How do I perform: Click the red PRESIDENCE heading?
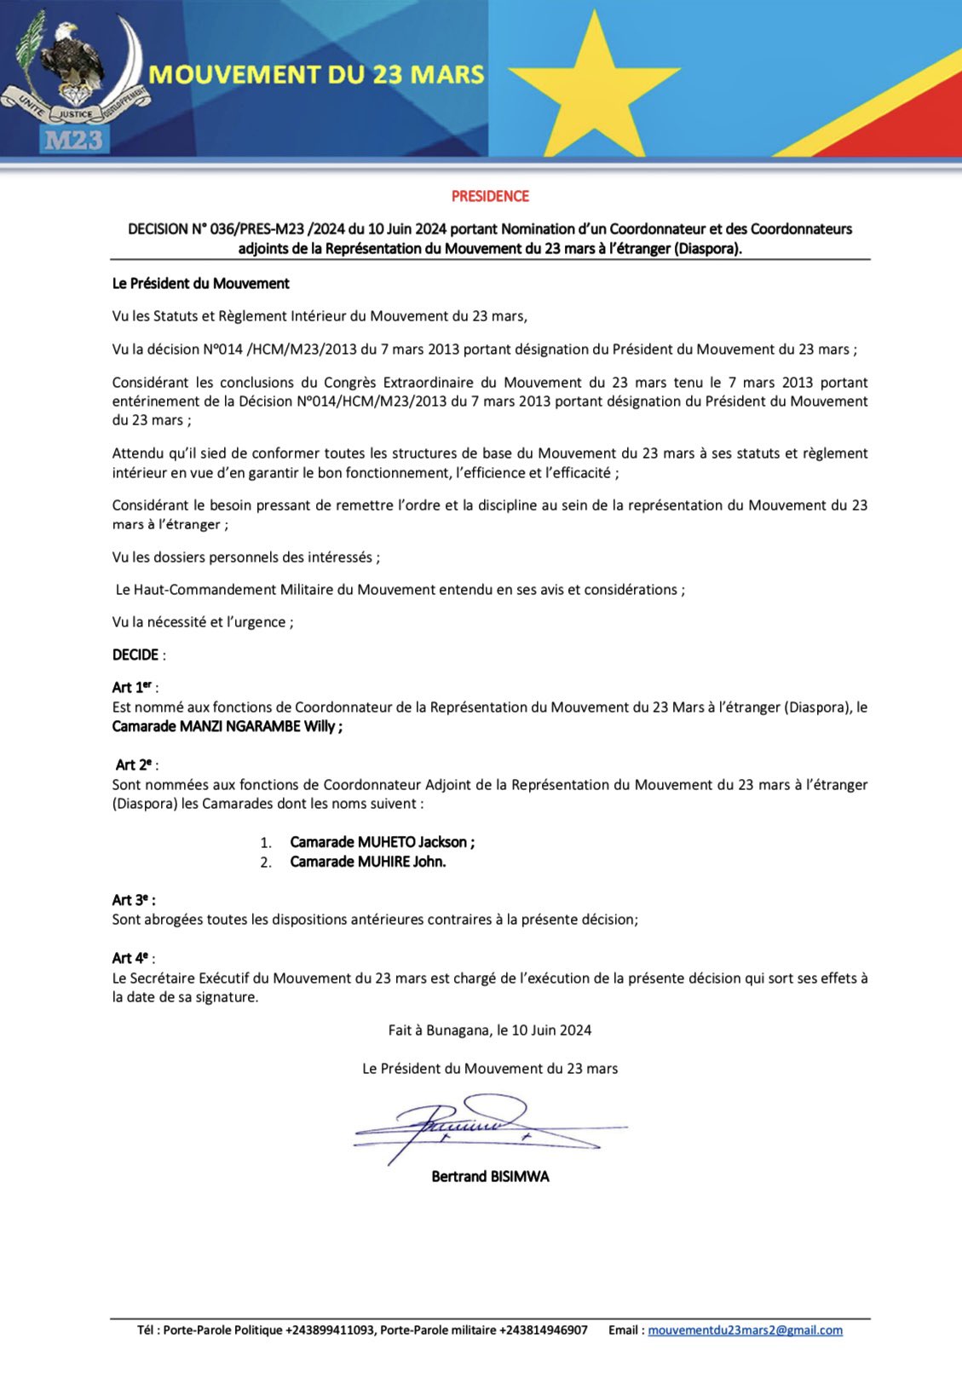(x=490, y=196)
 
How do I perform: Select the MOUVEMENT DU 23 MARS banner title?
(x=316, y=75)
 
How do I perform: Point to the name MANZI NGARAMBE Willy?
(x=260, y=727)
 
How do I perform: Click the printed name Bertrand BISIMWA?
(x=490, y=1176)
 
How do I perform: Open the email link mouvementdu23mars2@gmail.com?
(x=745, y=1330)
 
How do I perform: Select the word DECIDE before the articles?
(x=135, y=655)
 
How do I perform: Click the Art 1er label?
(x=133, y=687)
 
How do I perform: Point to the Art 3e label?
(x=132, y=900)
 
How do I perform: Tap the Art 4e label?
(x=131, y=958)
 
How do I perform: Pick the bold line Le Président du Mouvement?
(x=201, y=283)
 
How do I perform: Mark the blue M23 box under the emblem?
(x=74, y=139)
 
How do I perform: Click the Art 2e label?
(x=135, y=764)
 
